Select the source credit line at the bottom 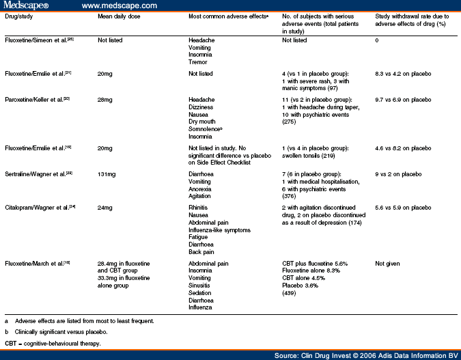pyautogui.click(x=366, y=355)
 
